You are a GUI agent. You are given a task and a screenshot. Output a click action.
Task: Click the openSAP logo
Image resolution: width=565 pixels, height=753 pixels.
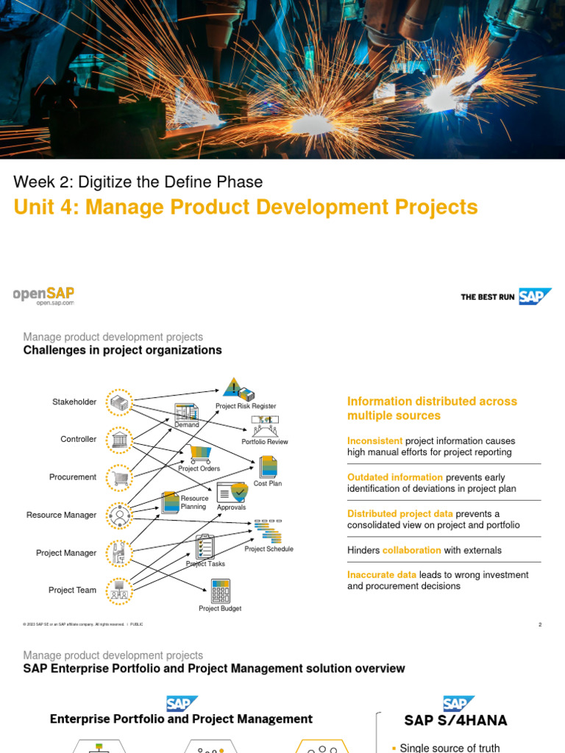[x=43, y=295]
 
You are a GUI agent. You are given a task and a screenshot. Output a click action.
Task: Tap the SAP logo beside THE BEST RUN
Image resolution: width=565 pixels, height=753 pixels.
[x=535, y=296]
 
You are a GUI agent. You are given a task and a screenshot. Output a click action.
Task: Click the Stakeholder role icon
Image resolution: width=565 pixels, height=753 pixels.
[x=118, y=402]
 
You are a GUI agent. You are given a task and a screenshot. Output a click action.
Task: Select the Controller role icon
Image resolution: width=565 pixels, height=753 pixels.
[x=118, y=440]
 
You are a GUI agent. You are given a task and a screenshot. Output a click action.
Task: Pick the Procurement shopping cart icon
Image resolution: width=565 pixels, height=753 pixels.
[x=118, y=478]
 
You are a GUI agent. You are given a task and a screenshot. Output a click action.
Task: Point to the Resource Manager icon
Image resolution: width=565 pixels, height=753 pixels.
[x=118, y=515]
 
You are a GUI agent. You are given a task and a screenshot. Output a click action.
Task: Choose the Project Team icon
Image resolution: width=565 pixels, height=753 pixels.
[x=118, y=590]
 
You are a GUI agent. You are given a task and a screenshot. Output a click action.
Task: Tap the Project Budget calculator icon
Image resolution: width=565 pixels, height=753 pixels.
[x=220, y=590]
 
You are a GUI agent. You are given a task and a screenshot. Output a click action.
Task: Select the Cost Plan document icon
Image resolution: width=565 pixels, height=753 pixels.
[x=268, y=467]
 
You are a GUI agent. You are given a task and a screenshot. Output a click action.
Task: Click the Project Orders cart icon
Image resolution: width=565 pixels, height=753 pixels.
[x=200, y=454]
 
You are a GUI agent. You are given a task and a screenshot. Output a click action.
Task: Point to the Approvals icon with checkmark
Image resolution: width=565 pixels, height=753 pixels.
[x=232, y=493]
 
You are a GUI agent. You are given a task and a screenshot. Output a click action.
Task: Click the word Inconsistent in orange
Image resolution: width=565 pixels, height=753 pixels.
[x=375, y=441]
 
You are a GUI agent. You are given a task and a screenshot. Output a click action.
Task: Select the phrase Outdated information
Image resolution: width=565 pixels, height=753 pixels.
[x=395, y=477]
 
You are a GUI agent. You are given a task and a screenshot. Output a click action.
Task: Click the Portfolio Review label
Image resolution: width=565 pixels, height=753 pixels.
[x=265, y=442]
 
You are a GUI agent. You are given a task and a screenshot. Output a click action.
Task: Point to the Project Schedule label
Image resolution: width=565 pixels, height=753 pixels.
[x=269, y=549]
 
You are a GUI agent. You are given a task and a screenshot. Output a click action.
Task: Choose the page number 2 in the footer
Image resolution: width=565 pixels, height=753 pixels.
[x=540, y=624]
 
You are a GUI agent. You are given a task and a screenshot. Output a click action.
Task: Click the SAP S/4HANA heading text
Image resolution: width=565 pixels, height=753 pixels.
[x=456, y=720]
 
